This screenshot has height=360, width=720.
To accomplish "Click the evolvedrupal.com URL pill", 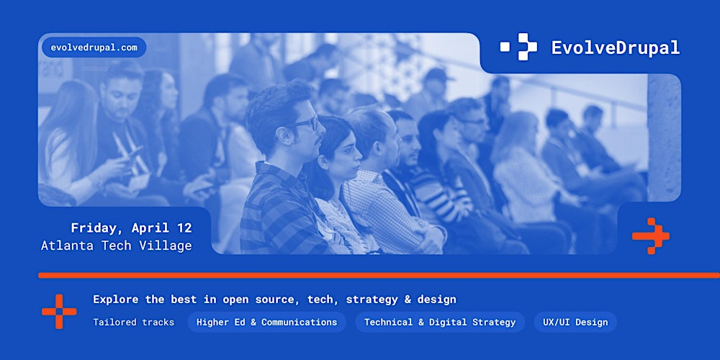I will [94, 48].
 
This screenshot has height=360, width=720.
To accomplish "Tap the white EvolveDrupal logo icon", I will [518, 47].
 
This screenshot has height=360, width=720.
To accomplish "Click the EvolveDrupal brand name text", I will [616, 48].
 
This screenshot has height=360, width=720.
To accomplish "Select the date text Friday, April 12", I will [131, 228].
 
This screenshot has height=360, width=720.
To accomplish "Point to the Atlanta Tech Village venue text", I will [117, 246].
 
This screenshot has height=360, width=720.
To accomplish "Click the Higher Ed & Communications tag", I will [266, 322].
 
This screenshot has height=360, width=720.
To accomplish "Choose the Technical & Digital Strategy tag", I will [440, 322].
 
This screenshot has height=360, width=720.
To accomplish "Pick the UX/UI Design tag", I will [575, 322].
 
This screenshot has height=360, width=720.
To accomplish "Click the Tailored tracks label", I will [133, 322].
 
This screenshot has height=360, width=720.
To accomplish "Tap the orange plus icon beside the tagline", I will [59, 312].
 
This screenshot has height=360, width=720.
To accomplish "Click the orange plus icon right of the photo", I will [651, 236].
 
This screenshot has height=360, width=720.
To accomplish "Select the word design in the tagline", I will [437, 300].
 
